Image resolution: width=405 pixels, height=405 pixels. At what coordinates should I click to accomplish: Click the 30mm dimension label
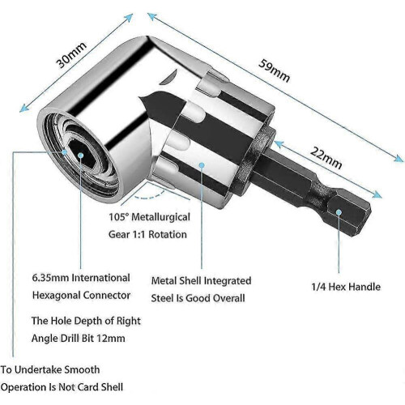[x=71, y=55]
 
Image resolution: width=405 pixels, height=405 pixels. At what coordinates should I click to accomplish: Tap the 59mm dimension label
[x=275, y=71]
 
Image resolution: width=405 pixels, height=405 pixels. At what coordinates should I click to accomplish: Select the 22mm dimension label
[x=326, y=157]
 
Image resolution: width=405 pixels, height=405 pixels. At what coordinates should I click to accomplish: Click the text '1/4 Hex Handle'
[x=346, y=287]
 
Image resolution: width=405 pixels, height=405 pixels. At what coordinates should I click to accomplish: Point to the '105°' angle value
[x=118, y=217]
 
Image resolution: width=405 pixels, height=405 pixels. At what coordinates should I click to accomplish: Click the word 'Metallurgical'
[x=161, y=217]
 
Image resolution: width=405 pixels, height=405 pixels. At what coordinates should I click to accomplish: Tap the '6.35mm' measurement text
[x=50, y=278]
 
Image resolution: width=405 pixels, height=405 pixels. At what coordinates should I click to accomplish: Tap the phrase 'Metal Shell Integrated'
[x=201, y=281]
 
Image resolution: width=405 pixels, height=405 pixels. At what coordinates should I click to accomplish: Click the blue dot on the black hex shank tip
[x=339, y=212]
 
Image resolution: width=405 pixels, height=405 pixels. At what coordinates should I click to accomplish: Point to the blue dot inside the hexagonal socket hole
[x=80, y=155]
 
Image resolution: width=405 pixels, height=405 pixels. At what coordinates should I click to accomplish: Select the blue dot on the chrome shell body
[x=202, y=164]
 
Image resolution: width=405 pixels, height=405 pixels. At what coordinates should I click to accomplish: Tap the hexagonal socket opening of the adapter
[x=81, y=152]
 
